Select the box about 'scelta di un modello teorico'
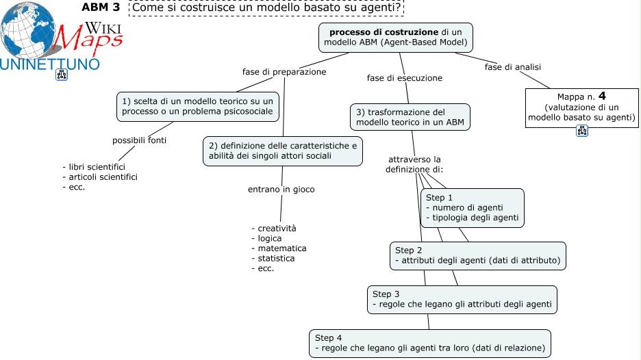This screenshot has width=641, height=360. (x=198, y=106)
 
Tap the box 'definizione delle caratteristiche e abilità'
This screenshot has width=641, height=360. (x=282, y=151)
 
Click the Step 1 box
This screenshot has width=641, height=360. (x=473, y=207)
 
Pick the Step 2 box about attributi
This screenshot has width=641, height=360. (x=478, y=255)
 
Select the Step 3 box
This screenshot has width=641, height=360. (x=462, y=299)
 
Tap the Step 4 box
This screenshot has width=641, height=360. (x=430, y=343)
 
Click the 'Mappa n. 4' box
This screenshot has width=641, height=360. (x=581, y=107)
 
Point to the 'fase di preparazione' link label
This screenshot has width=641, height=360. (x=284, y=71)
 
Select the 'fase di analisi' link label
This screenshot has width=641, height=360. (x=513, y=67)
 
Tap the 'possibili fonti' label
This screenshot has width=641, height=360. (x=140, y=140)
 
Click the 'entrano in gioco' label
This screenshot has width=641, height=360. (x=281, y=189)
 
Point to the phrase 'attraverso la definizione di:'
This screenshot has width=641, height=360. (x=414, y=164)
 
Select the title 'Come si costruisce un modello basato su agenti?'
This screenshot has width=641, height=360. (x=266, y=8)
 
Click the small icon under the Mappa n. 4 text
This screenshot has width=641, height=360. (x=582, y=131)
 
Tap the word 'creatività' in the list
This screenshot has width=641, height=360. (x=273, y=228)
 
